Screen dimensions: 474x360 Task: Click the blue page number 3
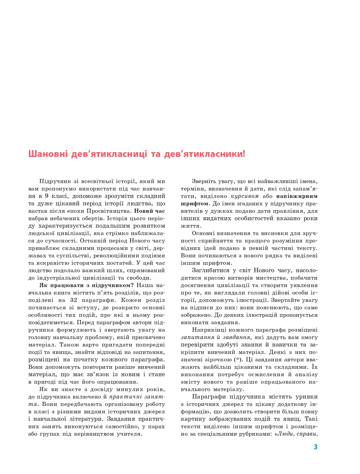(316, 447)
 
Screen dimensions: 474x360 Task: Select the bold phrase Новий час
(150, 211)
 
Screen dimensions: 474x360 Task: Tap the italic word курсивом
(244, 196)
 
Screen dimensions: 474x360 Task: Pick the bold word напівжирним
(297, 196)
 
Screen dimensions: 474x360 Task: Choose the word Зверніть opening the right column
(205, 181)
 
